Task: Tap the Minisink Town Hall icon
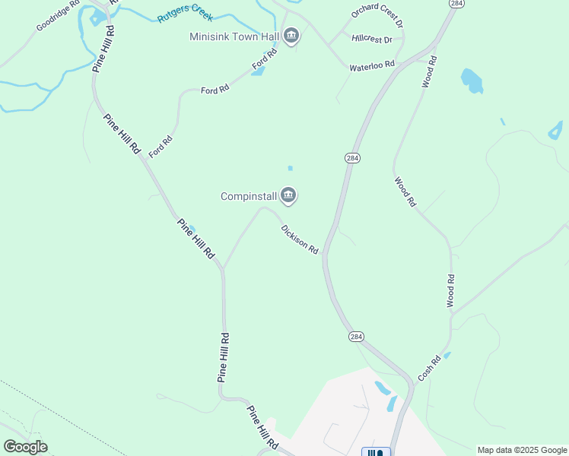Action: (x=291, y=36)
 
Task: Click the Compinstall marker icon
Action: (x=288, y=196)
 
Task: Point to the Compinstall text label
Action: (x=248, y=196)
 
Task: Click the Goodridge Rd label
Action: (x=58, y=16)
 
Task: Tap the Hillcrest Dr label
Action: (x=372, y=39)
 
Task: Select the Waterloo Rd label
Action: (x=372, y=67)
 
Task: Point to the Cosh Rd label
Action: (x=429, y=369)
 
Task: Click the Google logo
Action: (x=25, y=447)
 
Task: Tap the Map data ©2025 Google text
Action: (x=522, y=450)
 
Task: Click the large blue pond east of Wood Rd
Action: (x=472, y=80)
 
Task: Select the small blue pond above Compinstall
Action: (x=290, y=168)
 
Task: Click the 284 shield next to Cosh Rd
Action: (x=356, y=336)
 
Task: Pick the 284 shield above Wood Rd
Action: (x=456, y=4)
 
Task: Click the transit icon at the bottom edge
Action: (x=376, y=452)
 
